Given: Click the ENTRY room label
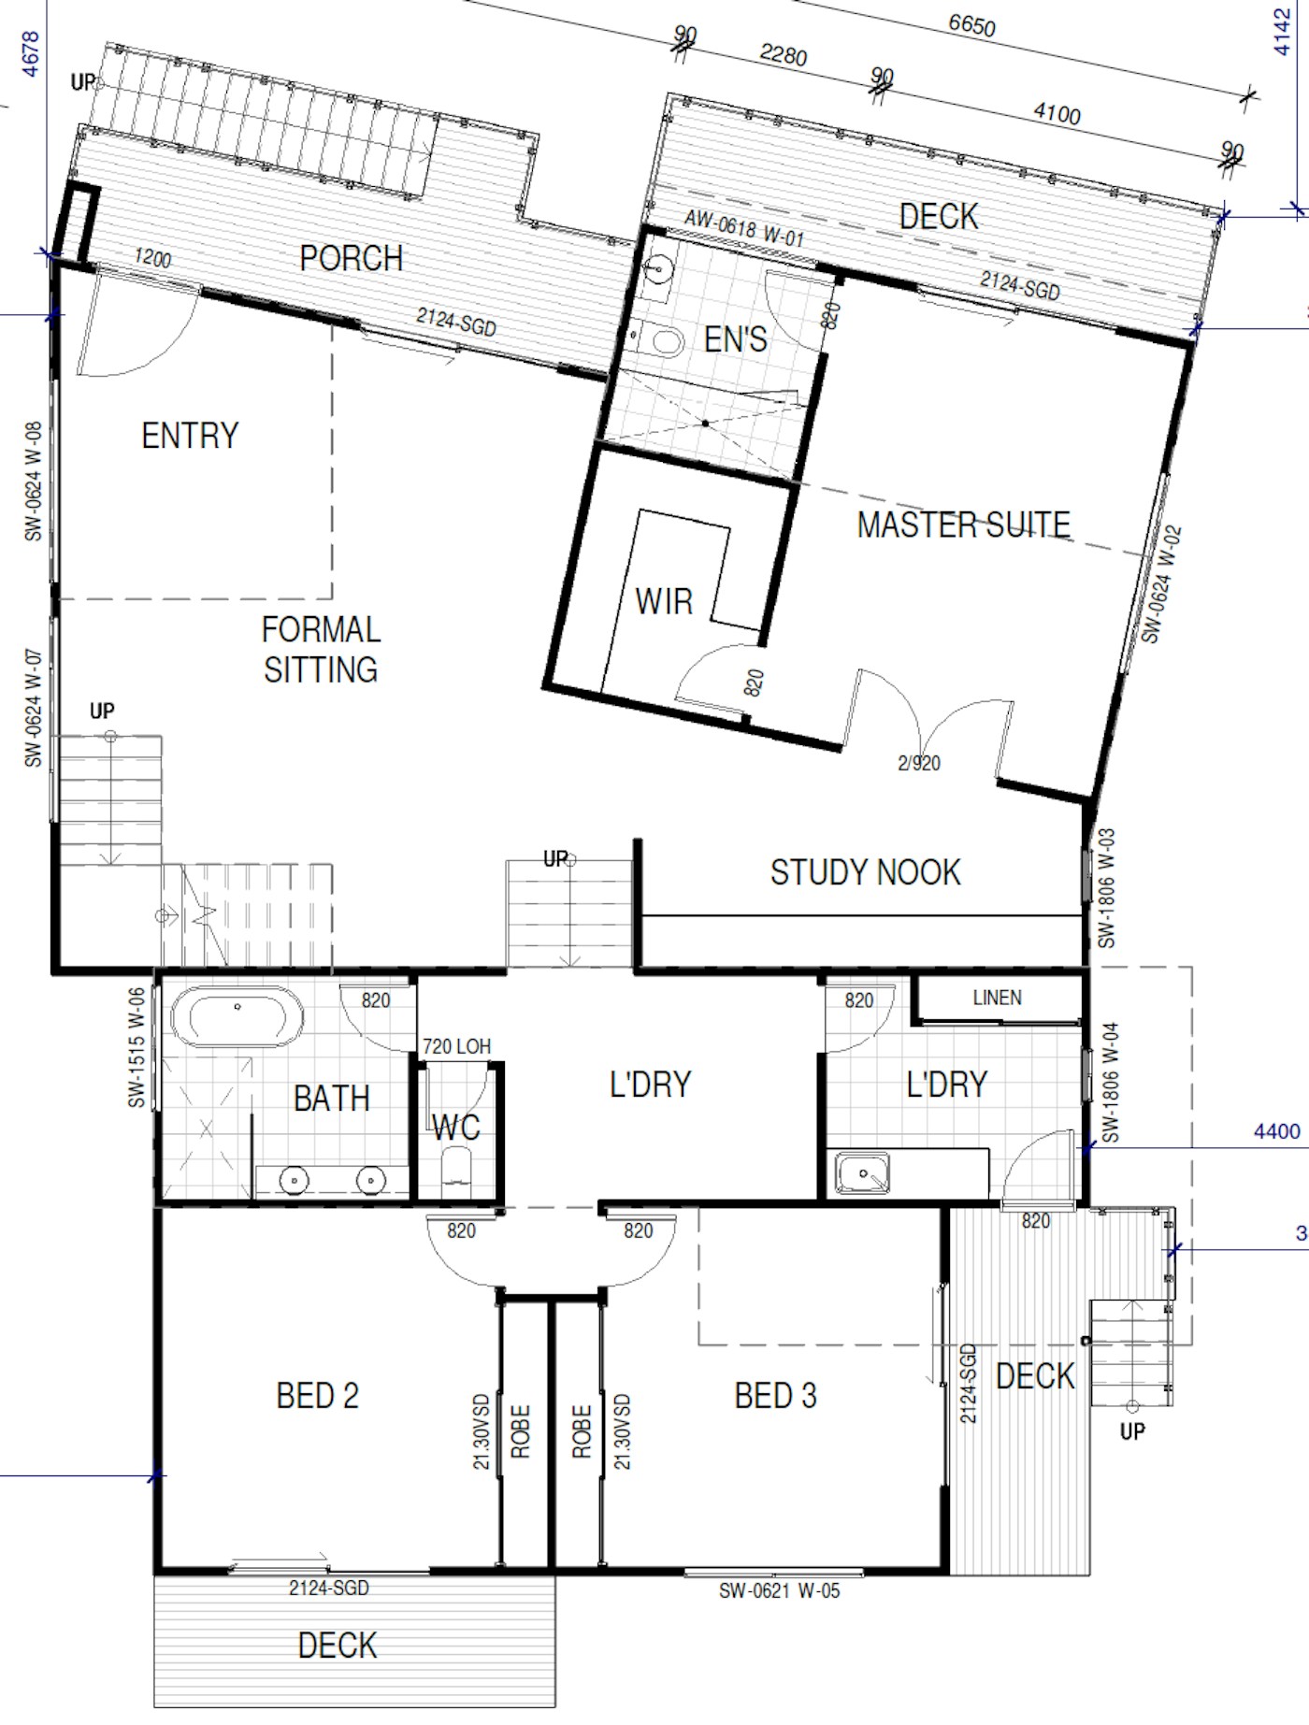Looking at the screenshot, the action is coord(190,436).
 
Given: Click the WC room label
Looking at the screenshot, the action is coord(456,1128).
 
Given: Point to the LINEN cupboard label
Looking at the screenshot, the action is coord(997,998).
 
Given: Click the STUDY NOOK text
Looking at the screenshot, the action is coord(865,872).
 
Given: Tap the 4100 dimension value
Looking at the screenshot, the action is coord(1057,114).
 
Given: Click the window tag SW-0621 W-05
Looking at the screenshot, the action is coord(779,1590).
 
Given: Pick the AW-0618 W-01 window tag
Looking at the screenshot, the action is coord(744,227).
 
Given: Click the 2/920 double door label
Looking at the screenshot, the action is coord(919,763).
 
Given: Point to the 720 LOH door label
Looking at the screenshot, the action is coord(456,1046).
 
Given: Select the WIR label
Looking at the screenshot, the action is coord(664,601).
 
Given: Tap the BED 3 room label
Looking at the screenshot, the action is coord(775,1396).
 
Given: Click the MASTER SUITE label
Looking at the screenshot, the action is coord(964,525).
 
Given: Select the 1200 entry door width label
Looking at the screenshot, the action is coord(152,258).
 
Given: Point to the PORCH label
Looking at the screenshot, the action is coord(351,258).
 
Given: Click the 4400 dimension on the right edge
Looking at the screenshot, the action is coord(1276,1131).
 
